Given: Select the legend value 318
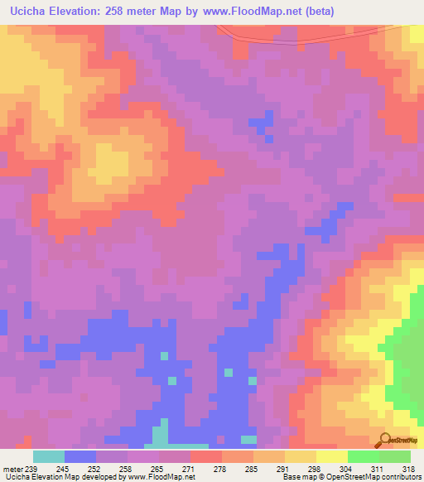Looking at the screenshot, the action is (x=408, y=468).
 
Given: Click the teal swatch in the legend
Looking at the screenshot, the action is (x=49, y=456).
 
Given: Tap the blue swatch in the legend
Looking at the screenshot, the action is (x=80, y=456).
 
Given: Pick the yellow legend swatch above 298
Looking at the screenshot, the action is (x=301, y=456).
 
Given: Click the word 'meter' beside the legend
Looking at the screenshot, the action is (x=13, y=468).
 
